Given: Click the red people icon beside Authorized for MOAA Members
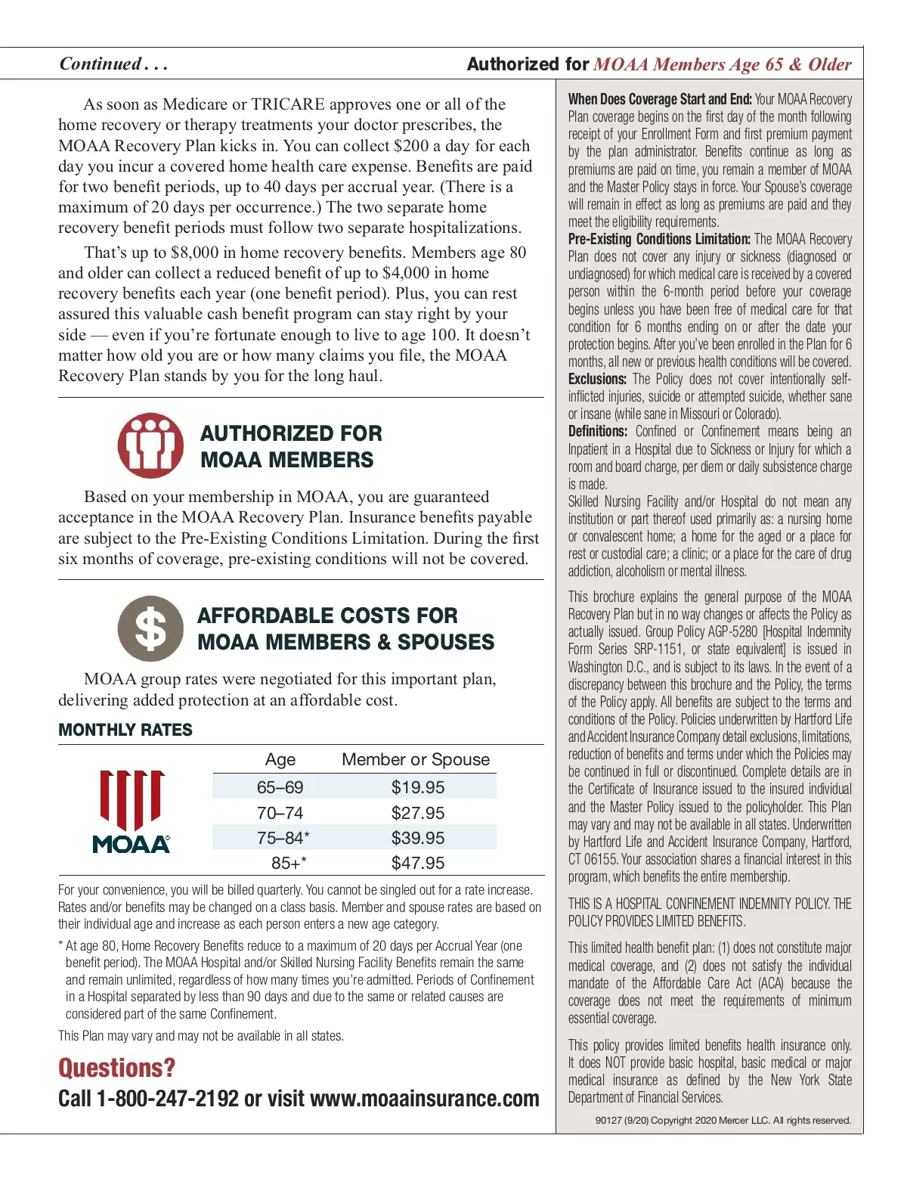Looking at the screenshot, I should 150,445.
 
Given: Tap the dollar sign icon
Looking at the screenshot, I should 150,628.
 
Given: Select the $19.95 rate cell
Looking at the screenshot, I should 417,787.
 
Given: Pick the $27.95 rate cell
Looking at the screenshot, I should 417,813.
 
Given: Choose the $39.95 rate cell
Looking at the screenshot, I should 417,838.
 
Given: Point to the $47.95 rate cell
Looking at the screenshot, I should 417,863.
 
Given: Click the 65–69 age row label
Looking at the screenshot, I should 280,787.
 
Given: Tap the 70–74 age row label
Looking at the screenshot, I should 280,813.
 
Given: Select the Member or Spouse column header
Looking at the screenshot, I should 416,759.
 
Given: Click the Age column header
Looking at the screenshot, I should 280,759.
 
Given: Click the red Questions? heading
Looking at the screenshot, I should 116,1068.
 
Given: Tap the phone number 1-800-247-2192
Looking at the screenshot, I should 167,1099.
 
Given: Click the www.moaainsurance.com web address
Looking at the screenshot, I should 424,1099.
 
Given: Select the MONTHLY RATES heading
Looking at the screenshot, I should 125,730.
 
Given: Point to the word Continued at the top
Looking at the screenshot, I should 101,64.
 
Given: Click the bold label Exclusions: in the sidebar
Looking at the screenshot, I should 597,379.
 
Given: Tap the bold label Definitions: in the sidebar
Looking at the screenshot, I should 597,432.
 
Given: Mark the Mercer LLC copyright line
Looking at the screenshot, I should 723,1121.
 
